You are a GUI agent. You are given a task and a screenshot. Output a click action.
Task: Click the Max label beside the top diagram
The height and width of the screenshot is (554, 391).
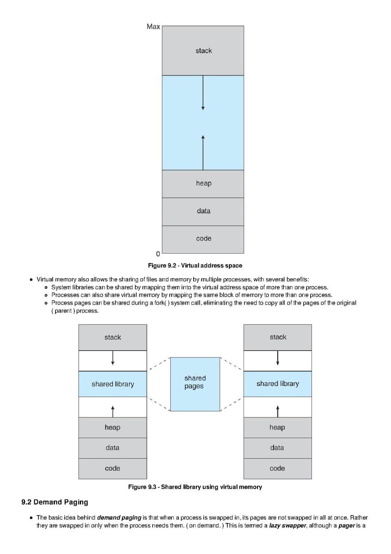[x=153, y=26]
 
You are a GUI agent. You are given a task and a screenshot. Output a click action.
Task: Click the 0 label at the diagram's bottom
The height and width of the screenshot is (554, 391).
[x=158, y=254]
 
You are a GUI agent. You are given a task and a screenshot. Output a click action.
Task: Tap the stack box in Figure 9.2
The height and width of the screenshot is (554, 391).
[x=203, y=50]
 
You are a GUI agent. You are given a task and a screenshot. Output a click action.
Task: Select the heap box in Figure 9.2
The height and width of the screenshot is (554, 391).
[x=203, y=184]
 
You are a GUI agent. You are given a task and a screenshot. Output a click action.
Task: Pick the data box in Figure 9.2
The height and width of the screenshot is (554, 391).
[x=203, y=212]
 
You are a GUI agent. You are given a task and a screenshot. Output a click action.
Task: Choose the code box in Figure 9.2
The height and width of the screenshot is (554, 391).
[x=203, y=240]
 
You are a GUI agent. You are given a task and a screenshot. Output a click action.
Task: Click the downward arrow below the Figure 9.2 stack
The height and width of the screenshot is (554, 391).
[x=203, y=93]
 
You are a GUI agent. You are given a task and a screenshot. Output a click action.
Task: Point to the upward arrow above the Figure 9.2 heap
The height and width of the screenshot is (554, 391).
[x=203, y=153]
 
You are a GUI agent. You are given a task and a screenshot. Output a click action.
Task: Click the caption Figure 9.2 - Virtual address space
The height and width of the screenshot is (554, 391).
[x=195, y=265]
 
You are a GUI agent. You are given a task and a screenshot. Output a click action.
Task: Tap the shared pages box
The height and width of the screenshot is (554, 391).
[x=195, y=385]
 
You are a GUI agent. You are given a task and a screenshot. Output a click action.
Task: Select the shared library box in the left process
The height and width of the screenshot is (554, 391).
[x=113, y=384]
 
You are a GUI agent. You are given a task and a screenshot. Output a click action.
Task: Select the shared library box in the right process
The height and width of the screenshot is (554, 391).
[x=278, y=384]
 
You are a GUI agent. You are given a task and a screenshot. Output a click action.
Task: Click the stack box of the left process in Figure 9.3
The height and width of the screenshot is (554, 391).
[x=113, y=337]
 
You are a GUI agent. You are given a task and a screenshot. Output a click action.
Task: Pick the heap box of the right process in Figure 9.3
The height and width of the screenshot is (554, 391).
[x=278, y=428]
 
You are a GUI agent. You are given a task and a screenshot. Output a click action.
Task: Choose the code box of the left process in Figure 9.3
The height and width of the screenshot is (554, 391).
[x=113, y=468]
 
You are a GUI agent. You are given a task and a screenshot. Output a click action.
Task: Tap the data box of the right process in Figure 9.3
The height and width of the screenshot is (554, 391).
[x=278, y=448]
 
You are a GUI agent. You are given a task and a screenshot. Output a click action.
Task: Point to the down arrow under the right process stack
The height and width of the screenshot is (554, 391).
[x=278, y=358]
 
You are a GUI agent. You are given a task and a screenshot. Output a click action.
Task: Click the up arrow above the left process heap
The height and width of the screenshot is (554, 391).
[x=113, y=411]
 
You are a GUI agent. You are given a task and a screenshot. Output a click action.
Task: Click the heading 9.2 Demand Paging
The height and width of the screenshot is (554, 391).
[x=55, y=502]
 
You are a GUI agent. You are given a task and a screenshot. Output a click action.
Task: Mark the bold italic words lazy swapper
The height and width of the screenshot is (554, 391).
[x=287, y=525]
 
